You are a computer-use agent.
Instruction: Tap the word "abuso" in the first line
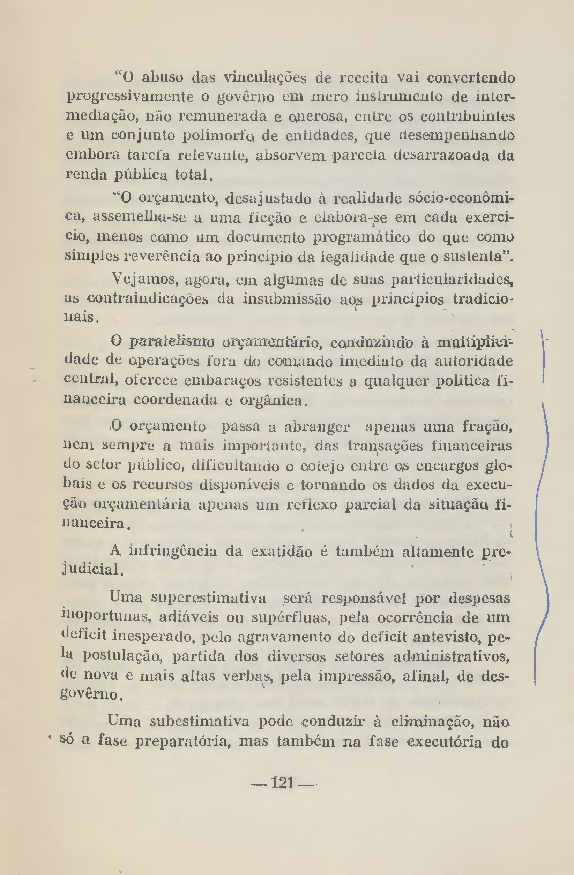162,78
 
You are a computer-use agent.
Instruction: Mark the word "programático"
361,237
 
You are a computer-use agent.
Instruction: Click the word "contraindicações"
148,298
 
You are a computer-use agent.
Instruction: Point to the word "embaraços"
222,381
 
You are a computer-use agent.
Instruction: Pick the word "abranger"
317,426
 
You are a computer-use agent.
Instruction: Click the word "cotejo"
322,466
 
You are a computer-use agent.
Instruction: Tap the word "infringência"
173,551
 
